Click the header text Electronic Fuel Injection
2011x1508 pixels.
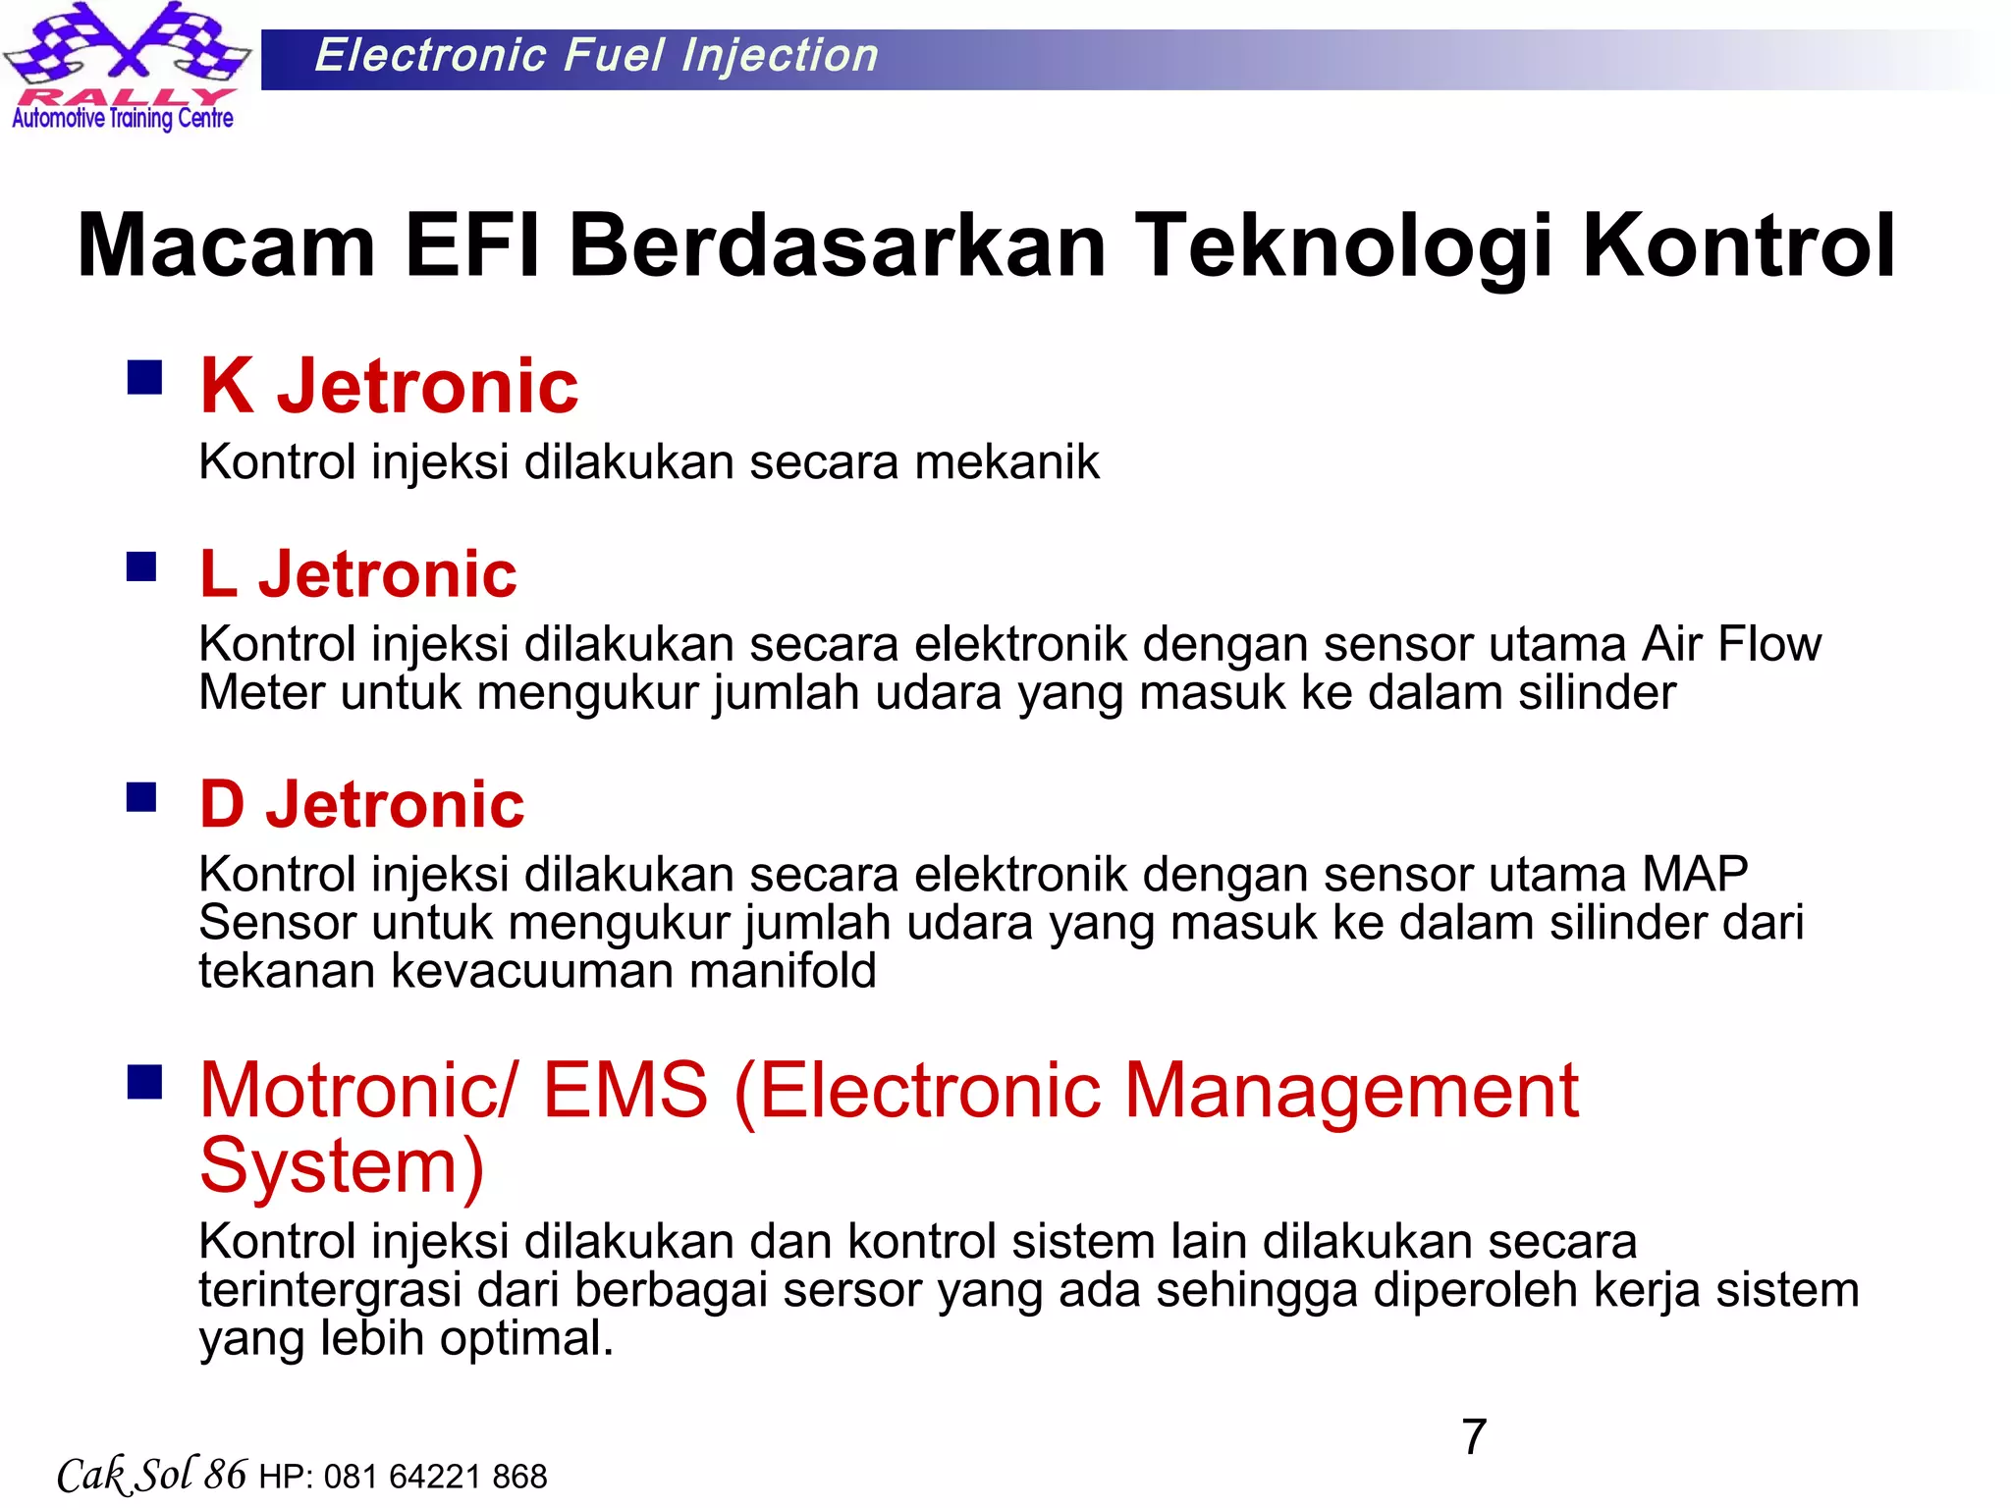tap(596, 56)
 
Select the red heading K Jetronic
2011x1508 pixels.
tap(389, 386)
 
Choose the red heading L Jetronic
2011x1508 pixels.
tap(357, 573)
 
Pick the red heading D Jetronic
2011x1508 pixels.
tap(361, 804)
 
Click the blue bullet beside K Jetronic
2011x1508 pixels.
tap(144, 377)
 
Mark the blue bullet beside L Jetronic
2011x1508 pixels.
tap(142, 566)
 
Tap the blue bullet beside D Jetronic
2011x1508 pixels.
tap(142, 796)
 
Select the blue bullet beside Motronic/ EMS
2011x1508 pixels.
tap(144, 1082)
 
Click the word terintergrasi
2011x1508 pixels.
tap(330, 1290)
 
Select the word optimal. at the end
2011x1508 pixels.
tap(526, 1338)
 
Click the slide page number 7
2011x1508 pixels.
tap(1474, 1437)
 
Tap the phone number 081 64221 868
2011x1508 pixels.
tap(435, 1477)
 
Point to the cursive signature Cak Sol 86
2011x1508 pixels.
tap(151, 1475)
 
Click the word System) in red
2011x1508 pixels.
tap(342, 1165)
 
